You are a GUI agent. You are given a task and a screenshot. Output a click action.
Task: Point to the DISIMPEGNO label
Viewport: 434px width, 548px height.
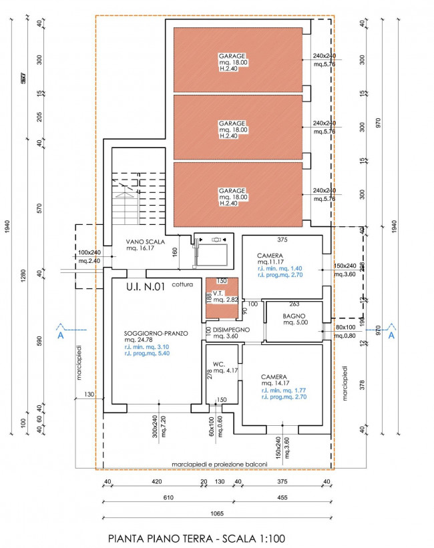coord(232,330)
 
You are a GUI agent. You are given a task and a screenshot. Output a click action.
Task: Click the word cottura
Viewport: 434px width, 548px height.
coord(182,284)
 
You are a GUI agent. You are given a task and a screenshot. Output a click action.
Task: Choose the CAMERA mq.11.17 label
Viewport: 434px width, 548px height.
coord(270,256)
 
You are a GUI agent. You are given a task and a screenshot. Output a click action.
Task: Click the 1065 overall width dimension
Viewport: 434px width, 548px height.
coord(216,513)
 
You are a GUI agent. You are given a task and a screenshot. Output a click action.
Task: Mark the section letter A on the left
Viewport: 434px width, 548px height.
coord(61,336)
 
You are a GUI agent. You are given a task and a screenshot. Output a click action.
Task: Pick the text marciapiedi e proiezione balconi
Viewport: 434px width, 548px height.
coord(219,465)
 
